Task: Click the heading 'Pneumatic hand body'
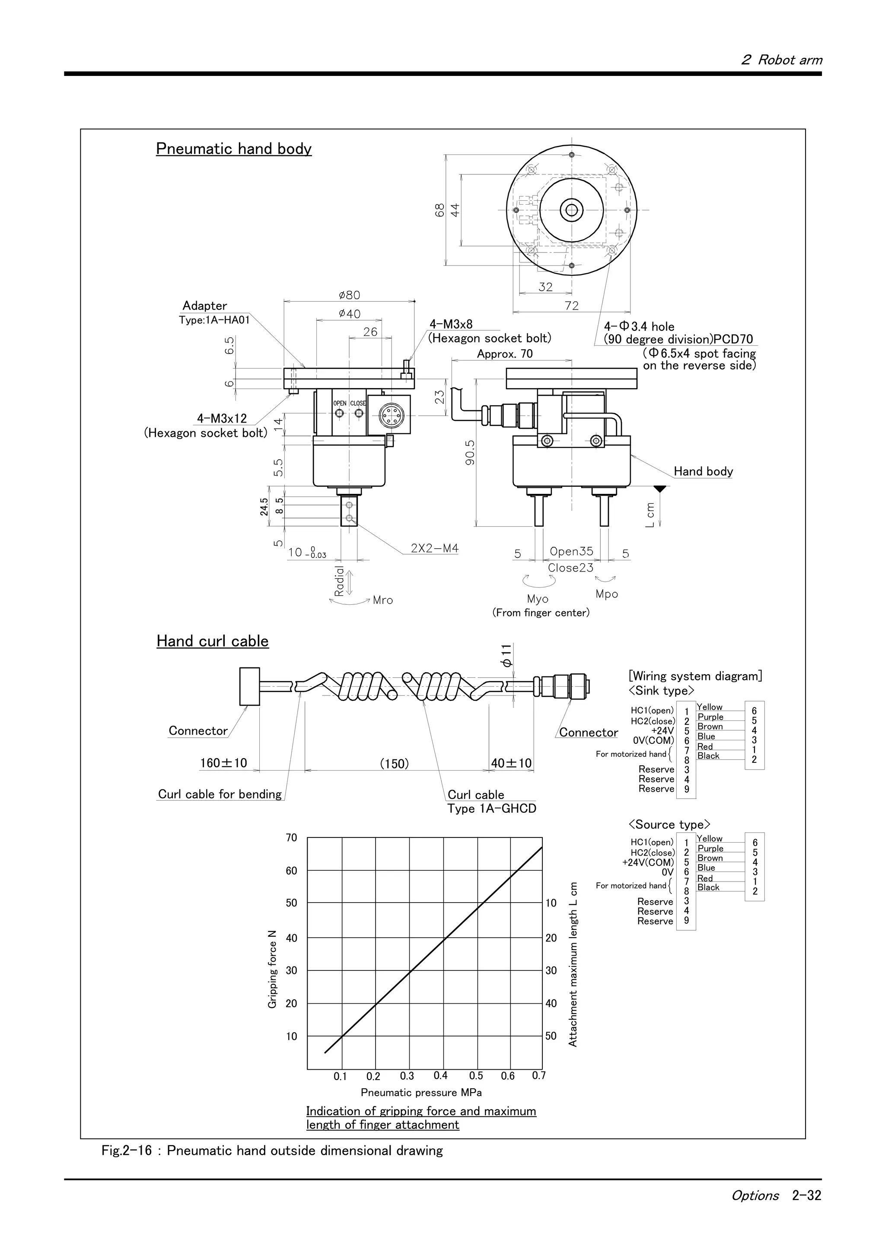pyautogui.click(x=233, y=149)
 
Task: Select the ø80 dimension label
pyautogui.click(x=349, y=295)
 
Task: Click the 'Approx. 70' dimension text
pyautogui.click(x=504, y=354)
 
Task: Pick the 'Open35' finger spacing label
pyautogui.click(x=571, y=551)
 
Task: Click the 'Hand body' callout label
pyautogui.click(x=703, y=471)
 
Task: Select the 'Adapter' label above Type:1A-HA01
pyautogui.click(x=204, y=306)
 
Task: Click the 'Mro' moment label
pyautogui.click(x=383, y=600)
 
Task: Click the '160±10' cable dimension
pyautogui.click(x=223, y=763)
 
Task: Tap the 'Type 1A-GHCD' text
pyautogui.click(x=491, y=809)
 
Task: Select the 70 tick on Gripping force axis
pyautogui.click(x=292, y=837)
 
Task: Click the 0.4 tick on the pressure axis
pyautogui.click(x=441, y=1076)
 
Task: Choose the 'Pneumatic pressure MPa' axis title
pyautogui.click(x=421, y=1093)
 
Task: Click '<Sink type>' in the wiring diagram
pyautogui.click(x=662, y=691)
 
